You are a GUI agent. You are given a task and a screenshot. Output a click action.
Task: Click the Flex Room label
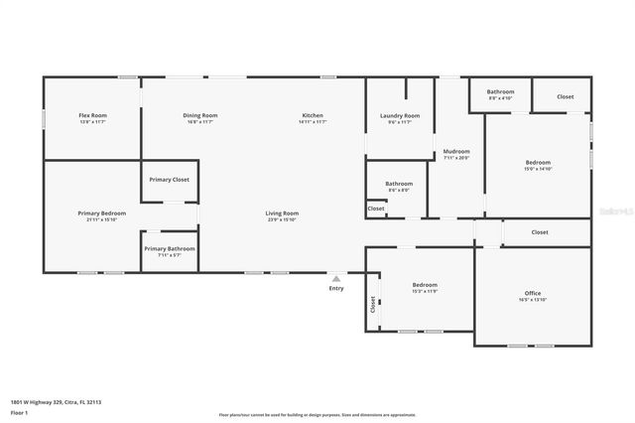pyautogui.click(x=92, y=116)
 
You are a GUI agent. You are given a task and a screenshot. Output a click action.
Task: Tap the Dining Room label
pyautogui.click(x=199, y=116)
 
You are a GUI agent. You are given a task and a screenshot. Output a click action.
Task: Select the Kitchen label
pyautogui.click(x=313, y=116)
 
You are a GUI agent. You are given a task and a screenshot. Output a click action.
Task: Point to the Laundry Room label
pyautogui.click(x=400, y=116)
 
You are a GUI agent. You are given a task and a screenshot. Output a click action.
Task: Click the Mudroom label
pyautogui.click(x=456, y=152)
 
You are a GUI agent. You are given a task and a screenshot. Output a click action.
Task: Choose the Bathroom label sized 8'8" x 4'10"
pyautogui.click(x=500, y=92)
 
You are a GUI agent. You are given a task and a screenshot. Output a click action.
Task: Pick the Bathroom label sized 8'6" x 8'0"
pyautogui.click(x=399, y=184)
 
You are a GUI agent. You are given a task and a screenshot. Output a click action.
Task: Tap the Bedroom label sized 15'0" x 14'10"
pyautogui.click(x=538, y=163)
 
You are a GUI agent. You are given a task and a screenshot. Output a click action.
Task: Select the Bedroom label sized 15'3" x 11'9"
pyautogui.click(x=425, y=285)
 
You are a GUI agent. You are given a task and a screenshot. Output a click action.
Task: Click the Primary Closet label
pyautogui.click(x=169, y=180)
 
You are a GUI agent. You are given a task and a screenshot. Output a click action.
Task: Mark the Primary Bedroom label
pyautogui.click(x=102, y=213)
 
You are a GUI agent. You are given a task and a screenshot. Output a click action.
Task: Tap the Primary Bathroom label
pyautogui.click(x=169, y=249)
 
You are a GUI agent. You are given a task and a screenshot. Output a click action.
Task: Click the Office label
pyautogui.click(x=533, y=294)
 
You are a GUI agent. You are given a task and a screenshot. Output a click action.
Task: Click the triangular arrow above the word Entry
pyautogui.click(x=336, y=279)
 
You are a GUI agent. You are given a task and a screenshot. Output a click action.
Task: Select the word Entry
pyautogui.click(x=336, y=289)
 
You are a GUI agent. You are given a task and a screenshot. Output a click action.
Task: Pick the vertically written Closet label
pyautogui.click(x=373, y=305)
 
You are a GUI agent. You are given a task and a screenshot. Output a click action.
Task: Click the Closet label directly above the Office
pyautogui.click(x=539, y=232)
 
